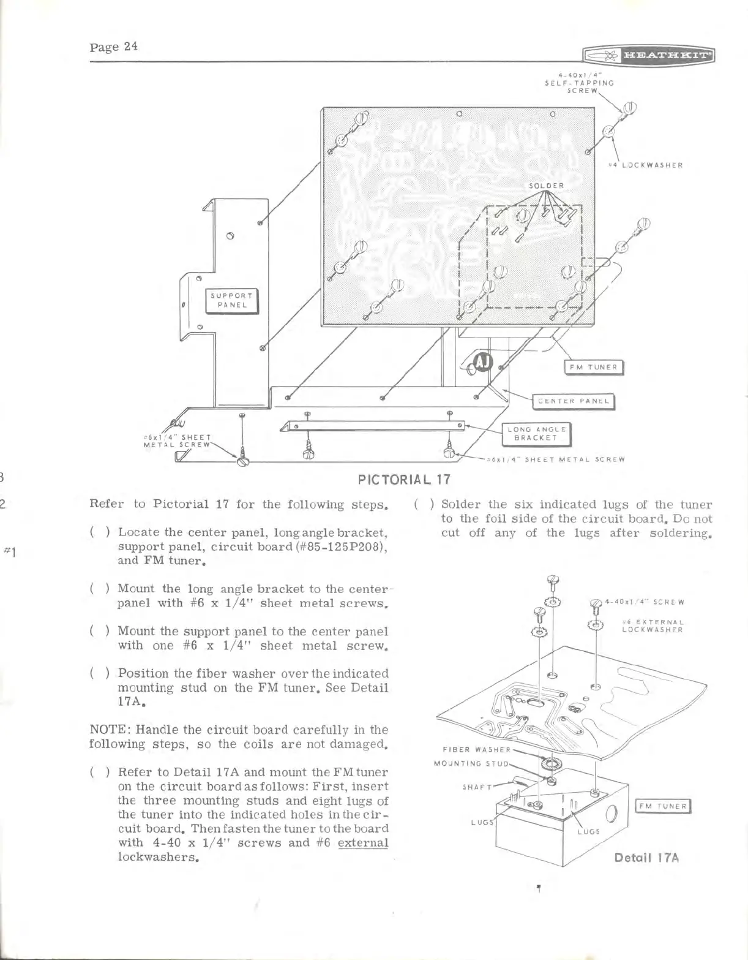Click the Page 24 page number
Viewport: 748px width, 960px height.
tap(113, 46)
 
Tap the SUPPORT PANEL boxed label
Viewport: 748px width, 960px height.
tap(232, 300)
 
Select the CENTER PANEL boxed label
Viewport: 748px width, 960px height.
tap(574, 401)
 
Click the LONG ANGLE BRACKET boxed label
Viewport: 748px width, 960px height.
tap(536, 434)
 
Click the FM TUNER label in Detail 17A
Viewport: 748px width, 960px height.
tap(663, 806)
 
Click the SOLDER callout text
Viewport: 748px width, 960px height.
tap(547, 185)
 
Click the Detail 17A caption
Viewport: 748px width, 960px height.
tap(646, 857)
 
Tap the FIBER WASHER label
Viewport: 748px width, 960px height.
tap(476, 749)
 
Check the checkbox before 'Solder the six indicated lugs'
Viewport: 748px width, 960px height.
tap(424, 505)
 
